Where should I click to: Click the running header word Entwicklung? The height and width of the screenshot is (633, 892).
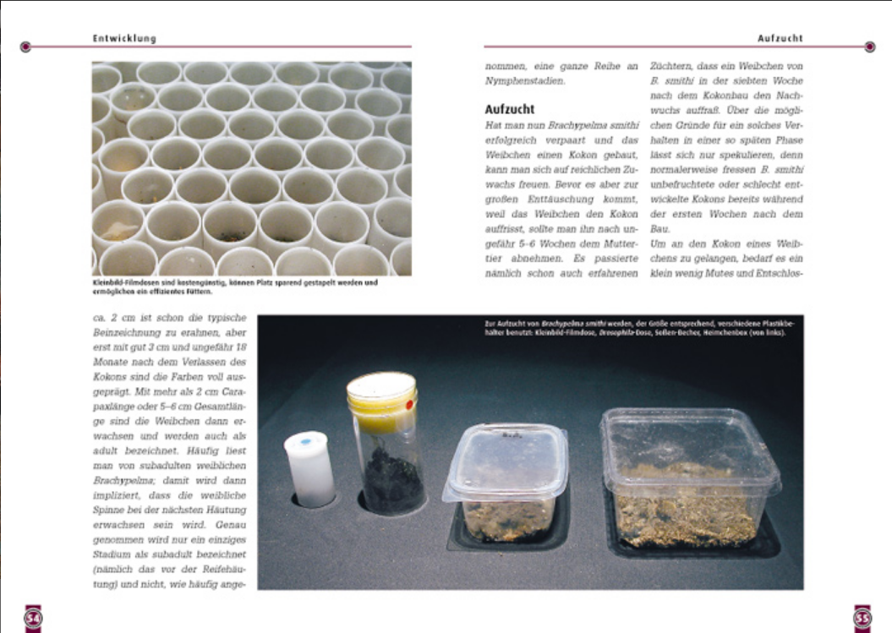pyautogui.click(x=124, y=38)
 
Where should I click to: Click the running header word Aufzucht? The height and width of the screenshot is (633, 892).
pyautogui.click(x=779, y=38)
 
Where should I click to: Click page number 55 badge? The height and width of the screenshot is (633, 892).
pyautogui.click(x=862, y=618)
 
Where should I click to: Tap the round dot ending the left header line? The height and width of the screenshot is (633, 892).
pyautogui.click(x=25, y=46)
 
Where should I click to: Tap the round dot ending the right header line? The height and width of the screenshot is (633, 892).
pyautogui.click(x=870, y=46)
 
